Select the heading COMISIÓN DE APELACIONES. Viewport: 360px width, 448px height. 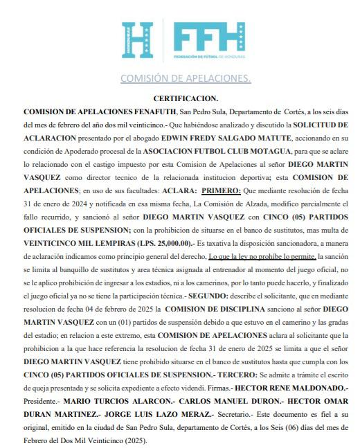pyautogui.click(x=185, y=78)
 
